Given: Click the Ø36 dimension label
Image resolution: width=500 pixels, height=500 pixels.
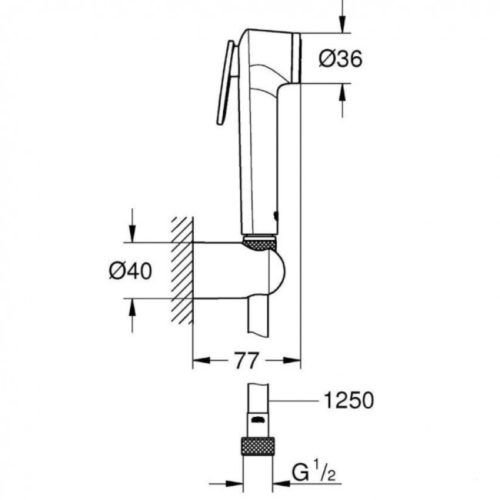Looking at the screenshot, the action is [341, 59].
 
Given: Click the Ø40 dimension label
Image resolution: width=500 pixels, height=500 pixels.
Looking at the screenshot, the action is [131, 271].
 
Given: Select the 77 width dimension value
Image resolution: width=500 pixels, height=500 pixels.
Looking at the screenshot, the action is [246, 361].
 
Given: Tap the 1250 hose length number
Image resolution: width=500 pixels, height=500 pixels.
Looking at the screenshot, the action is [349, 400].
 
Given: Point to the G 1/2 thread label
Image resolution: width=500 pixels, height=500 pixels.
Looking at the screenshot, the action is [314, 472].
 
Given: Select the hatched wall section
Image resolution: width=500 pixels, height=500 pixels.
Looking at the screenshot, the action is [182, 270].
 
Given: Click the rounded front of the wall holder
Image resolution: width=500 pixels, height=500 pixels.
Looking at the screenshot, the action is [277, 272].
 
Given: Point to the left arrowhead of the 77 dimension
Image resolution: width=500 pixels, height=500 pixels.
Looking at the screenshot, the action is [201, 361].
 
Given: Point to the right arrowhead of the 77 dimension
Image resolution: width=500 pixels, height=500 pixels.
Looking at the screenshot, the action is [292, 361].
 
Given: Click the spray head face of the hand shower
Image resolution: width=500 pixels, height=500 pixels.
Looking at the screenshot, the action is [296, 58].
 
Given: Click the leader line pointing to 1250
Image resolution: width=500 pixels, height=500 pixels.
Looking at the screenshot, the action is [294, 401].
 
